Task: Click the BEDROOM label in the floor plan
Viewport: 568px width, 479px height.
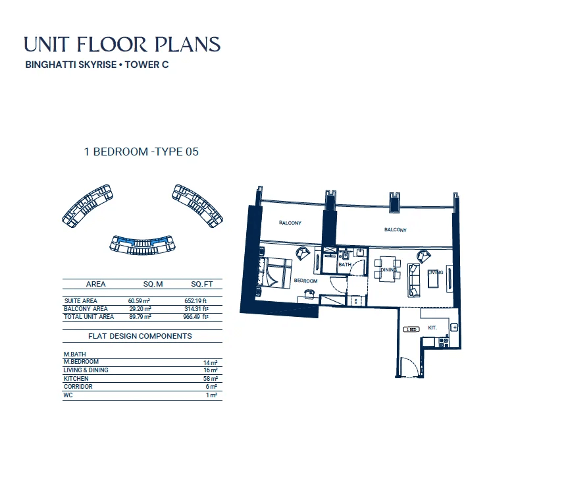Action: [305, 281]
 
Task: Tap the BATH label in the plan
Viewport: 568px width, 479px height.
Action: [344, 265]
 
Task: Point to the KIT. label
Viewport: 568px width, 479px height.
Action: [432, 328]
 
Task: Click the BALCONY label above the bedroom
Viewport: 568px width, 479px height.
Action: [290, 223]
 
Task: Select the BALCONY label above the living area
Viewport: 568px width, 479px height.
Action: [395, 229]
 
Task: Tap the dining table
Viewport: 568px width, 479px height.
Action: [387, 269]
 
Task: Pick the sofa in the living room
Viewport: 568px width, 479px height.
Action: [414, 280]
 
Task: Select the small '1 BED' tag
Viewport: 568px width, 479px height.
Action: [411, 329]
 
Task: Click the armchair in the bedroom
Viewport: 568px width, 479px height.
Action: [303, 254]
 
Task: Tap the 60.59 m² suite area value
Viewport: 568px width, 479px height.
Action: [139, 301]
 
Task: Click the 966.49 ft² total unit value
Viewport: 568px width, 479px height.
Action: [195, 317]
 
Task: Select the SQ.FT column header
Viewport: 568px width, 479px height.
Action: [202, 284]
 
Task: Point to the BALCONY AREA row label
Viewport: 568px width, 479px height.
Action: [86, 309]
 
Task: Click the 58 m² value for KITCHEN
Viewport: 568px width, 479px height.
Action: [211, 379]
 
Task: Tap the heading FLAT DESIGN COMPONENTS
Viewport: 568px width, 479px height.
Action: [140, 336]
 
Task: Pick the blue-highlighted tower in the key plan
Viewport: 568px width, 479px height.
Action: [142, 244]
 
